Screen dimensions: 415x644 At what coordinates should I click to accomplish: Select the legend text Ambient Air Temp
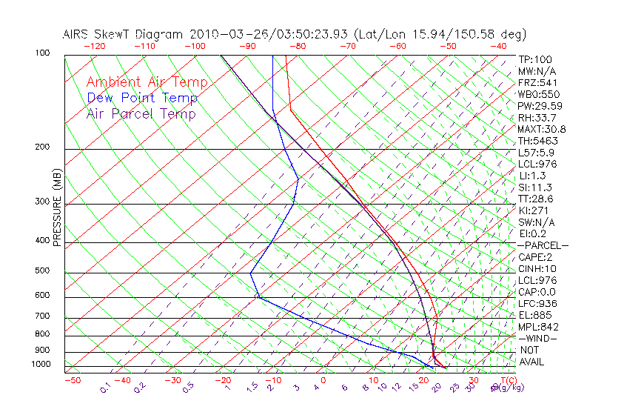click(x=147, y=82)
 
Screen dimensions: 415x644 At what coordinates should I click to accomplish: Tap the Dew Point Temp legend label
click(x=142, y=98)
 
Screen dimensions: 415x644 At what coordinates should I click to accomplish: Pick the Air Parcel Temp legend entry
click(x=141, y=113)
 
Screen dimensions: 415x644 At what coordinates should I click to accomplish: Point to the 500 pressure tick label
click(x=42, y=271)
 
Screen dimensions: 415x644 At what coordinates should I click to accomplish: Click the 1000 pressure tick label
click(x=40, y=365)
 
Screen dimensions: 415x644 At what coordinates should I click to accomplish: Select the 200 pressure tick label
click(x=42, y=147)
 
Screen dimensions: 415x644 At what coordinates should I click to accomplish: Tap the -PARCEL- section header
click(x=543, y=245)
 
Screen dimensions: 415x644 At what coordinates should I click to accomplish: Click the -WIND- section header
click(x=538, y=339)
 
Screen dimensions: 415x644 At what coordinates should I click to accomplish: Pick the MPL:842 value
click(x=537, y=327)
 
